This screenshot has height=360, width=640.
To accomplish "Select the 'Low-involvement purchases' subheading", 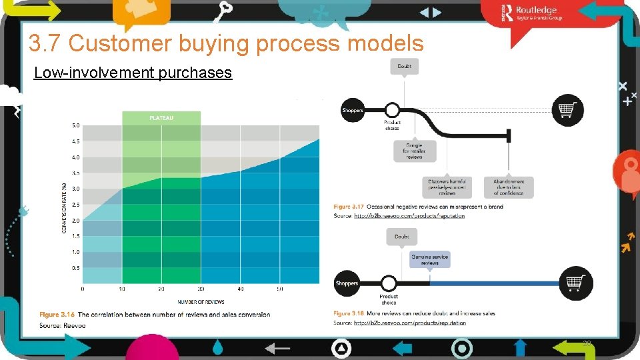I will pyautogui.click(x=133, y=73).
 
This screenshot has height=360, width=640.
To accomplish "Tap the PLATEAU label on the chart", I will pyautogui.click(x=161, y=117).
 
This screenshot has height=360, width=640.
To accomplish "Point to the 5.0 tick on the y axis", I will pyautogui.click(x=75, y=125).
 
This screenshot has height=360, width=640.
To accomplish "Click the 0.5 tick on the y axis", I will pyautogui.click(x=75, y=268).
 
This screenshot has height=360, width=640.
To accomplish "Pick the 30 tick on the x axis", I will pyautogui.click(x=201, y=289).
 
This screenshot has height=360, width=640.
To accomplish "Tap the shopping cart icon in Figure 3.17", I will pyautogui.click(x=567, y=110).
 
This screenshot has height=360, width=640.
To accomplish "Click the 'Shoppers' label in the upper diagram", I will pyautogui.click(x=353, y=110).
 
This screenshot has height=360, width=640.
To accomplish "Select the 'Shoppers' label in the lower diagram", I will pyautogui.click(x=347, y=283).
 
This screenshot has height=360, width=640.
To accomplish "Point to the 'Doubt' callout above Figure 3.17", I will pyautogui.click(x=404, y=66).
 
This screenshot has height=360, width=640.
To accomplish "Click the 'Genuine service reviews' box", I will pyautogui.click(x=430, y=259).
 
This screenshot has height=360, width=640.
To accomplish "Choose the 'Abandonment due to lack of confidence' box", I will pyautogui.click(x=509, y=187).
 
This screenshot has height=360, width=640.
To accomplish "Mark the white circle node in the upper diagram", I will pyautogui.click(x=392, y=110).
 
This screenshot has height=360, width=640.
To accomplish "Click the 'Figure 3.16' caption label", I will pyautogui.click(x=57, y=314).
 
